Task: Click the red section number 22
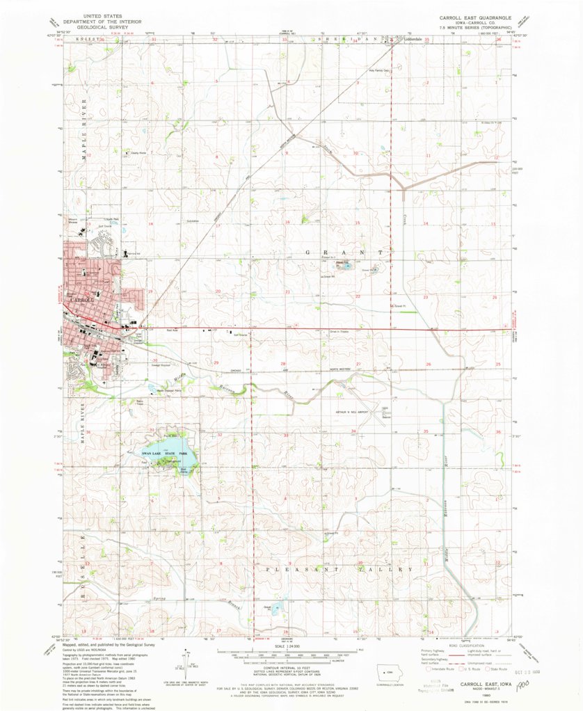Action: (358, 296)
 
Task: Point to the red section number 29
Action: (216, 363)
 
